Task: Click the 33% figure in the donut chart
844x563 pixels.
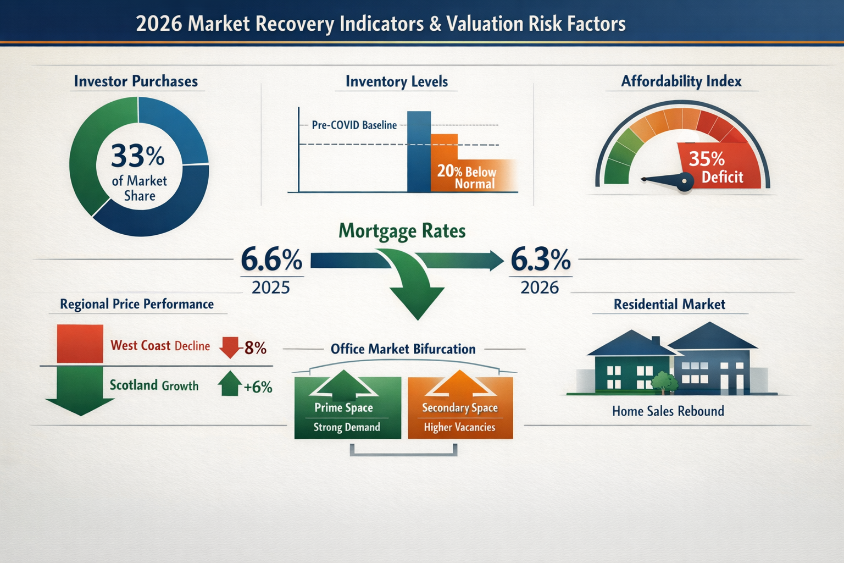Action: (137, 156)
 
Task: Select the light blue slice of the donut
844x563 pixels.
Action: (175, 128)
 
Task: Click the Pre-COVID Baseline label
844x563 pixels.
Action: (354, 125)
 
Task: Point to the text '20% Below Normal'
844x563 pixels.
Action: (468, 177)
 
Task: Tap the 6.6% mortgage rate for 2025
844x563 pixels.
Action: (271, 260)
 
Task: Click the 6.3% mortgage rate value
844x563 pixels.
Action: (541, 260)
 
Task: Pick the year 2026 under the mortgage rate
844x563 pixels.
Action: (540, 288)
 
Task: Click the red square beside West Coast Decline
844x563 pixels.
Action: (80, 344)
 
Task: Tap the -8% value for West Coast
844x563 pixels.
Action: (254, 348)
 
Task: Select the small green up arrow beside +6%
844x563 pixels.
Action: (230, 384)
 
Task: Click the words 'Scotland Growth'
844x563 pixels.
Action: (154, 385)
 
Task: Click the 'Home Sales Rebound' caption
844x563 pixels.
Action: (668, 411)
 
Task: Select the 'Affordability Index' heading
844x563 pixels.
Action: (681, 81)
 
